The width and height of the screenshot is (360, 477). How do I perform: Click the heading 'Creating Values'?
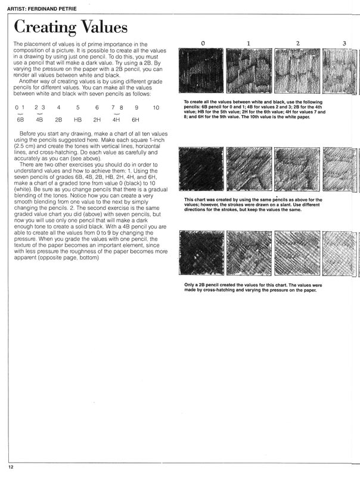pyautogui.click(x=70, y=27)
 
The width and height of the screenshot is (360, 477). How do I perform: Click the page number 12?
pyautogui.click(x=11, y=466)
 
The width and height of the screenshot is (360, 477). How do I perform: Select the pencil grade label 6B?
pyautogui.click(x=20, y=120)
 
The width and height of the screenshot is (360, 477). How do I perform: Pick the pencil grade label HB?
pyautogui.click(x=77, y=120)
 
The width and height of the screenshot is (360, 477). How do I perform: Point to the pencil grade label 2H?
pyautogui.click(x=97, y=120)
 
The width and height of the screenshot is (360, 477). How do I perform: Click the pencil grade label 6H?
pyautogui.click(x=136, y=120)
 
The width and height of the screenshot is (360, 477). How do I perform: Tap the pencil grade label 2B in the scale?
pyautogui.click(x=58, y=120)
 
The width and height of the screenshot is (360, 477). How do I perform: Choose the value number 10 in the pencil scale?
pyautogui.click(x=156, y=107)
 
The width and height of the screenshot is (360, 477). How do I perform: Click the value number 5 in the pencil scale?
pyautogui.click(x=77, y=107)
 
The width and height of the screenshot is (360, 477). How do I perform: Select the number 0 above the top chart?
pyautogui.click(x=203, y=44)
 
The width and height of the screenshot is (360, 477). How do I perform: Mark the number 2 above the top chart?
pyautogui.click(x=296, y=44)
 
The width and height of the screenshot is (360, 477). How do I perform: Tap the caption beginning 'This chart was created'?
pyautogui.click(x=262, y=205)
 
